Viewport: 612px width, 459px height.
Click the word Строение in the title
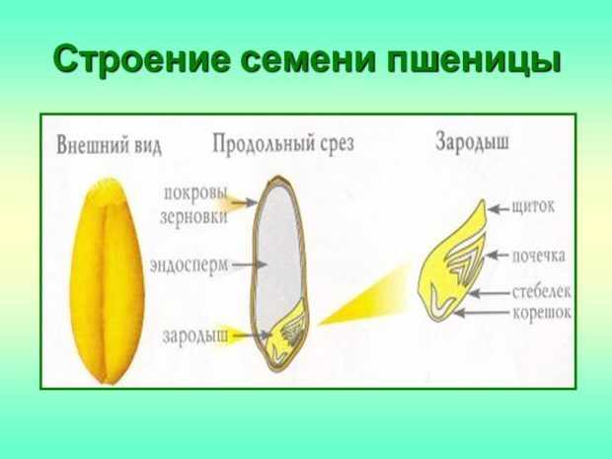141,59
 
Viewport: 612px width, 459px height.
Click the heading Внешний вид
109,145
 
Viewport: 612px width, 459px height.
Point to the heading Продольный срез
283,144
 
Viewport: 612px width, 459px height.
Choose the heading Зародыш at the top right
472,141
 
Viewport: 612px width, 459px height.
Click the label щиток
533,206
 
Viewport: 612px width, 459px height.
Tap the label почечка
538,256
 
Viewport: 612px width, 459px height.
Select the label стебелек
541,291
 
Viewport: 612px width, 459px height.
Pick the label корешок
541,313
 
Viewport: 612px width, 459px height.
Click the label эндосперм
189,266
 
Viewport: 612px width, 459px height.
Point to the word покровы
195,193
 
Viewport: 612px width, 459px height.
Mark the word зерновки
194,217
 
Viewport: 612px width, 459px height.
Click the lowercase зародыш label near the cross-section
195,337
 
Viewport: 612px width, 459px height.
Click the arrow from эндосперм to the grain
250,265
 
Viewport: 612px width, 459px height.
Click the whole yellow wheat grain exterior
107,280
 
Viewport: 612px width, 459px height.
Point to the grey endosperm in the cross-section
278,254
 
